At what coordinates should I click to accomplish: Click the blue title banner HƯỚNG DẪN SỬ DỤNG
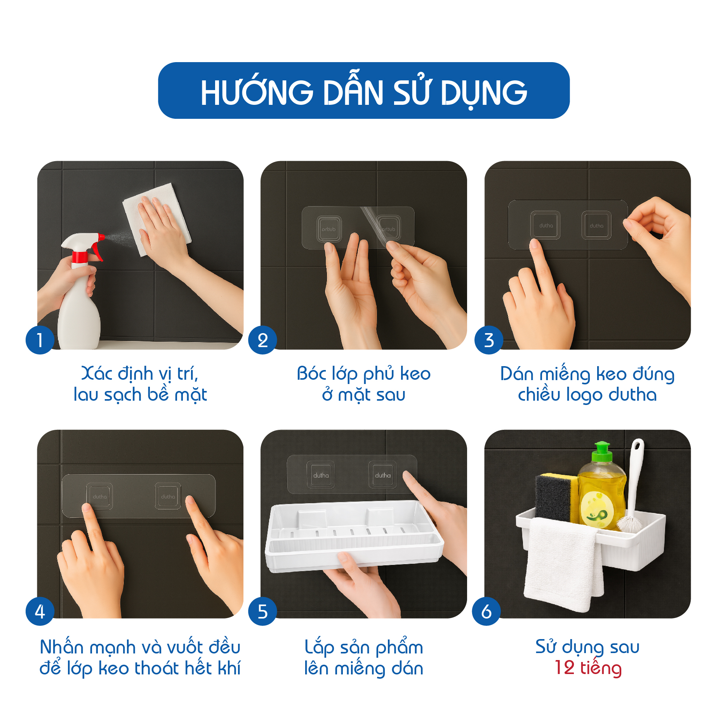coord(364,90)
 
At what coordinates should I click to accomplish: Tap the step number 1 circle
coord(40,340)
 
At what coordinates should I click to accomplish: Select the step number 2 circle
coord(263,340)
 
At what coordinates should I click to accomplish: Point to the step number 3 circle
coord(489,340)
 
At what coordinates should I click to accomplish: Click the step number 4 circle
coord(40,612)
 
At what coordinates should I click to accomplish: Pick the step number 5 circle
coord(263,612)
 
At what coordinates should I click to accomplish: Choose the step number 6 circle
coord(486,612)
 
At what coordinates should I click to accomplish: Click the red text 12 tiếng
coord(588,669)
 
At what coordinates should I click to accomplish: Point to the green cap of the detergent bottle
coord(601,452)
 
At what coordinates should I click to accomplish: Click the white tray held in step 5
coord(353,536)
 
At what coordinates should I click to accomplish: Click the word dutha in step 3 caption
coord(632,394)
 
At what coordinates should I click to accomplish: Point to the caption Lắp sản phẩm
coord(364,647)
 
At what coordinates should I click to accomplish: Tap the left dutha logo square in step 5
coord(321,474)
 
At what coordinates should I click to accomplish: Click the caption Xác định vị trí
coord(140,374)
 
